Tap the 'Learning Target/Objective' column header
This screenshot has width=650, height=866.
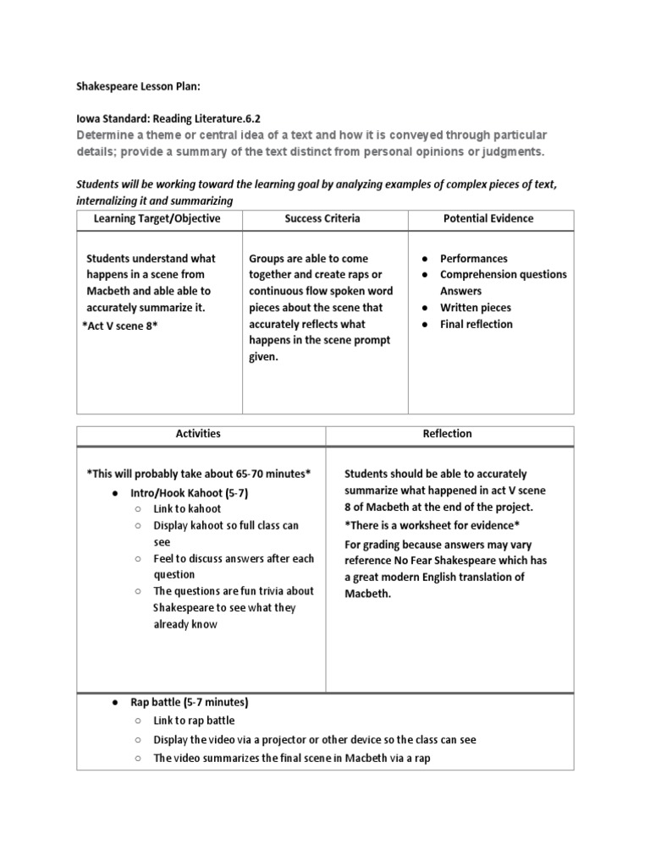click(157, 218)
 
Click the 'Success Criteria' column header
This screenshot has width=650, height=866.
click(322, 218)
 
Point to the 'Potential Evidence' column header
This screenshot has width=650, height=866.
click(488, 218)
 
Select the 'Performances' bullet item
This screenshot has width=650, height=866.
click(474, 258)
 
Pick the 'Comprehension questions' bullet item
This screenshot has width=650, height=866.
click(504, 274)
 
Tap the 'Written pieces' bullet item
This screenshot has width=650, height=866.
click(476, 308)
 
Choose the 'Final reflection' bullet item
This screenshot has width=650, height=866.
click(476, 324)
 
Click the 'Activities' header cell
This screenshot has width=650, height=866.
click(198, 434)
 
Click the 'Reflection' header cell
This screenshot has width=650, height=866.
click(447, 434)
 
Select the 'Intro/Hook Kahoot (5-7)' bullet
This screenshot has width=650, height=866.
click(189, 492)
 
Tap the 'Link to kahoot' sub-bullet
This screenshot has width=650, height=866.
click(187, 508)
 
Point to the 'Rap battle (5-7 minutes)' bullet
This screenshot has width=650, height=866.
click(190, 703)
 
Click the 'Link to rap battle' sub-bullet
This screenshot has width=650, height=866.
click(194, 721)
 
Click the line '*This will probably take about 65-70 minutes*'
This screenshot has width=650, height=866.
click(199, 474)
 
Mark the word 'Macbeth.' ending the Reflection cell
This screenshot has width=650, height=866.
click(368, 593)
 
